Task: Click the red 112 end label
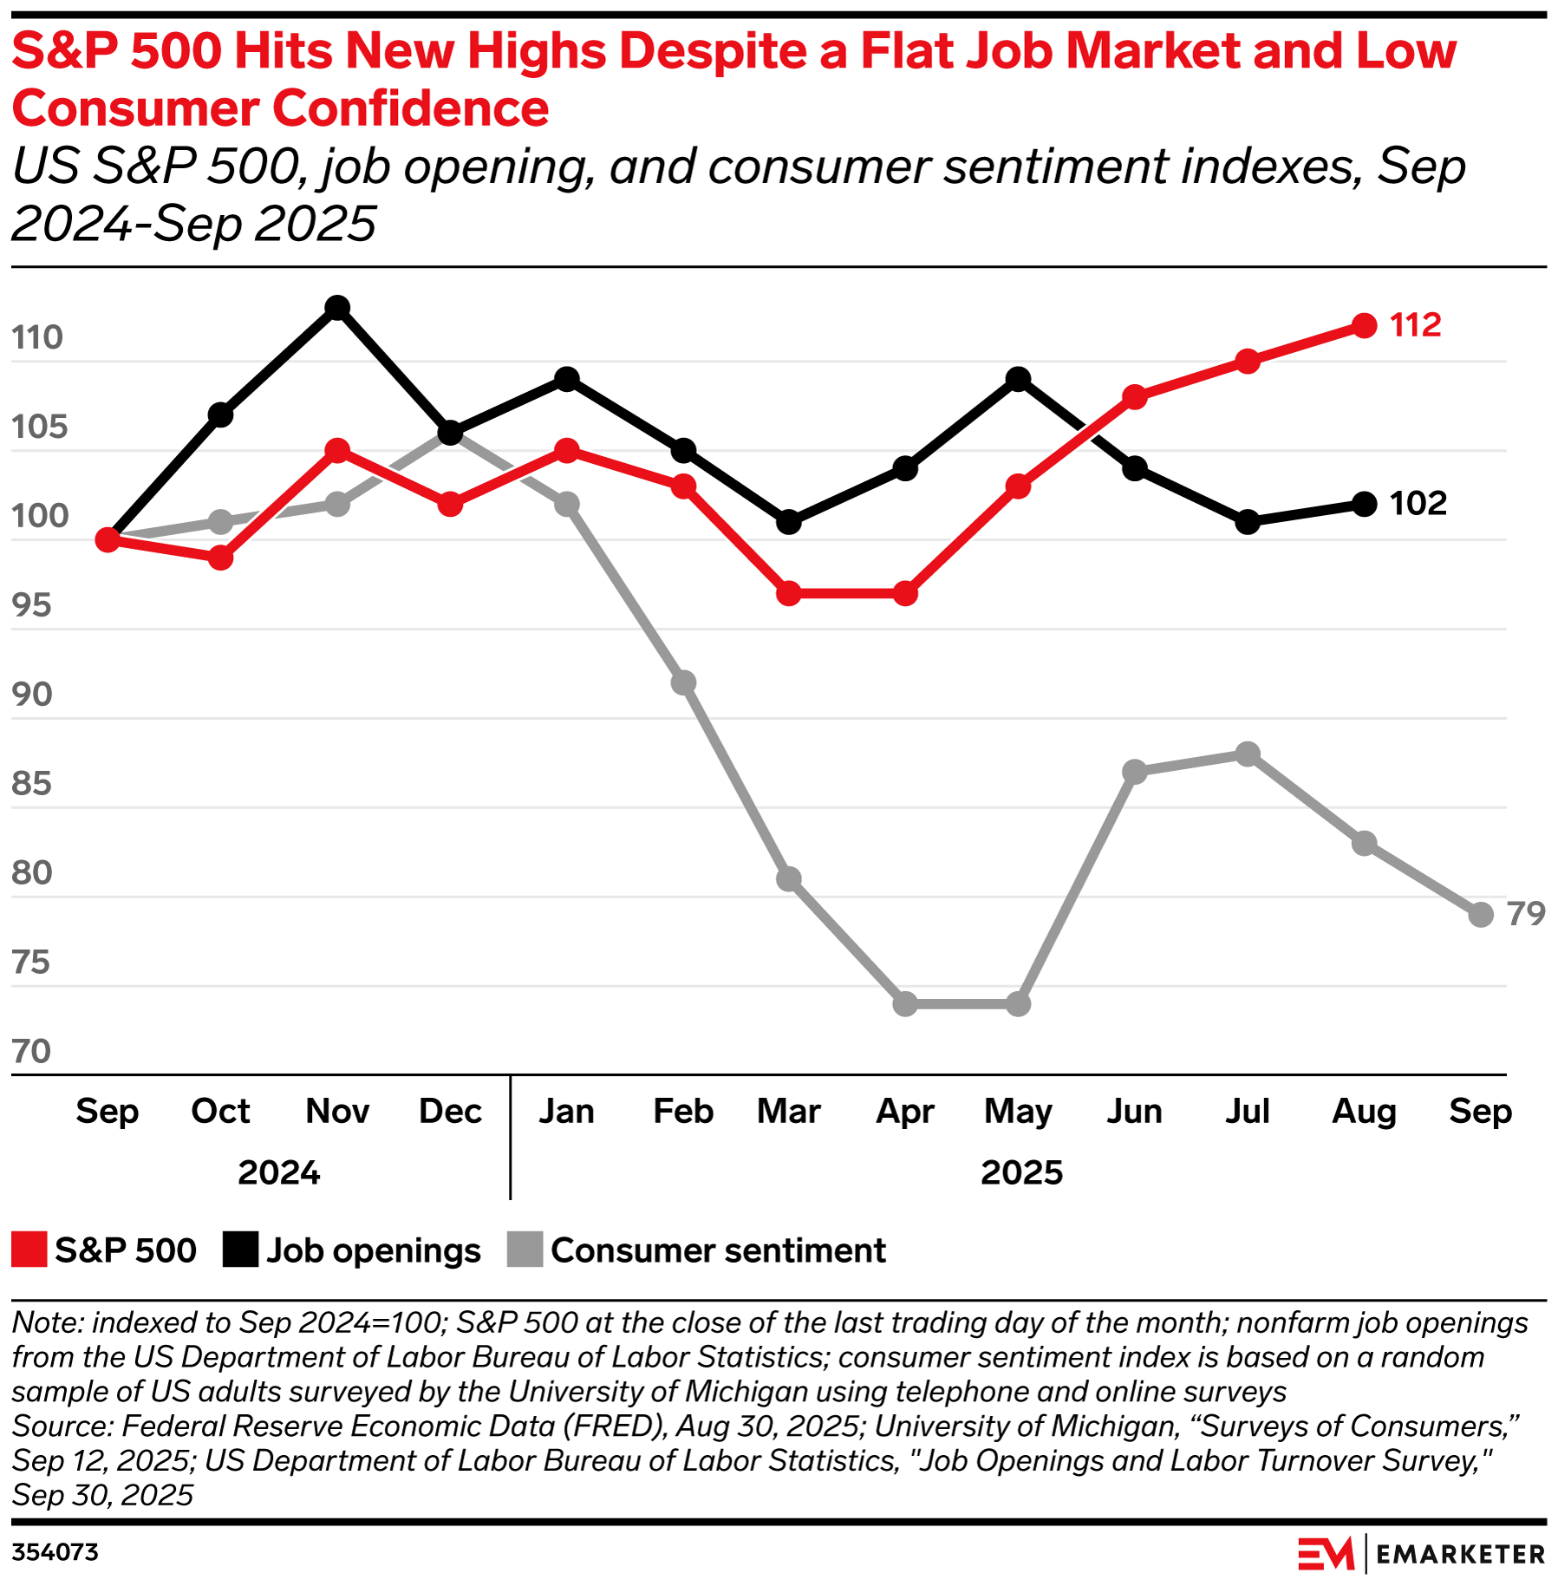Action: point(1415,325)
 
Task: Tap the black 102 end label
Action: point(1418,504)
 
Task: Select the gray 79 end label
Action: point(1526,914)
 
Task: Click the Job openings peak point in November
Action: point(337,308)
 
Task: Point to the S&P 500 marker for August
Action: point(1364,326)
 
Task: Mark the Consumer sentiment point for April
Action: point(905,1004)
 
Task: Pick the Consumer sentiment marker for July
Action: point(1248,754)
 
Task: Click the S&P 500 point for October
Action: point(221,558)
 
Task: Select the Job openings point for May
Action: point(1019,379)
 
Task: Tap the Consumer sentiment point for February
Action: point(683,682)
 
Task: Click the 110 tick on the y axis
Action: point(38,337)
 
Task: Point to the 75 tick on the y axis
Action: point(31,963)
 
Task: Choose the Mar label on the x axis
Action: point(788,1111)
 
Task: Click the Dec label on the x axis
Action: point(450,1111)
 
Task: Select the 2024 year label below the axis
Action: point(278,1172)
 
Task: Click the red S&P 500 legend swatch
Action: point(29,1250)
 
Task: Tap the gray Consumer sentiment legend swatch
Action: point(525,1250)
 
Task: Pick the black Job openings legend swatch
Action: point(240,1250)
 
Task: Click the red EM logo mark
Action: point(1326,1553)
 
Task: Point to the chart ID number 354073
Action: point(55,1552)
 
